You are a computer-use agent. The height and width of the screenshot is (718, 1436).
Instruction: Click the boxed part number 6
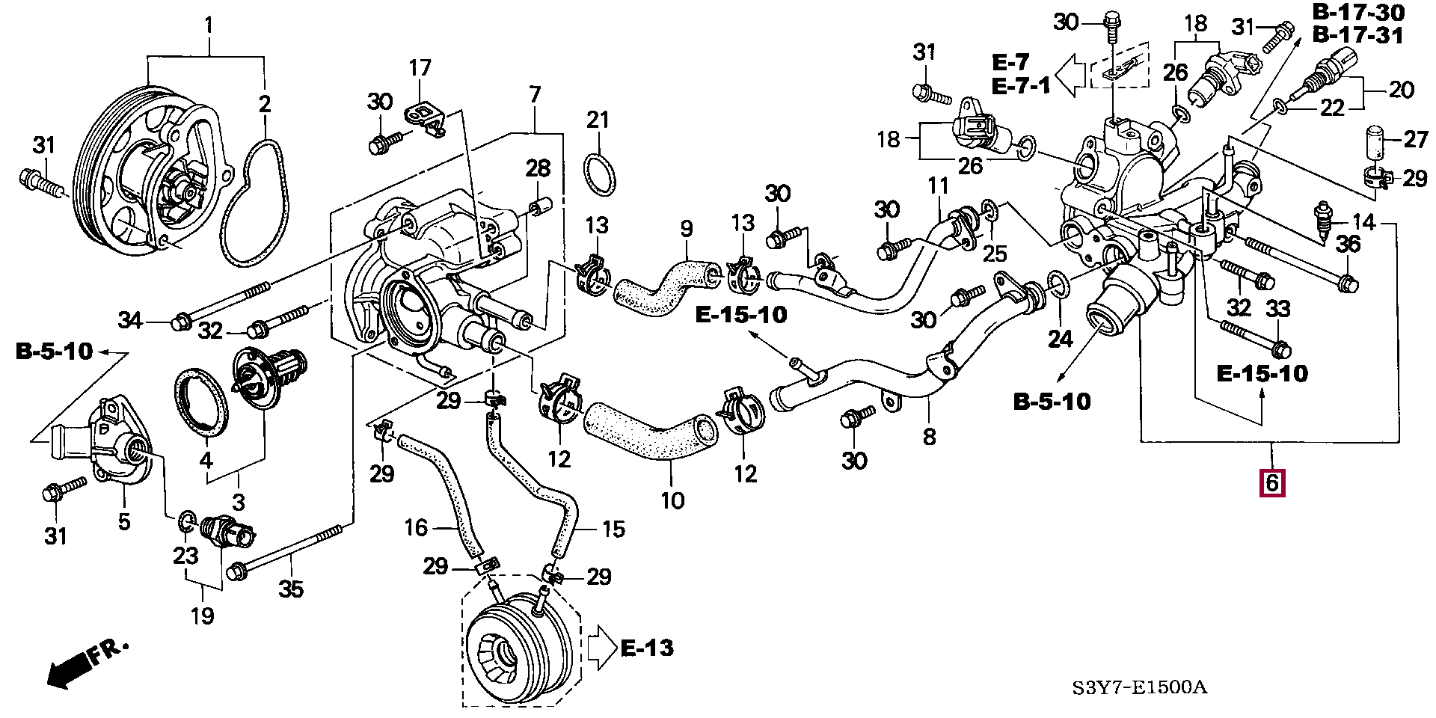(1272, 483)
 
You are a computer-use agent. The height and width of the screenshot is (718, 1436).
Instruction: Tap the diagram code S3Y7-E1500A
(1139, 687)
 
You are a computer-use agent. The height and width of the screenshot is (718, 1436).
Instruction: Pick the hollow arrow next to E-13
(601, 648)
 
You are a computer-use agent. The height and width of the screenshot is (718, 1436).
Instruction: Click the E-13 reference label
(648, 648)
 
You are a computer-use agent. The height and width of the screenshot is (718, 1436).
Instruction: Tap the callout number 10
(672, 500)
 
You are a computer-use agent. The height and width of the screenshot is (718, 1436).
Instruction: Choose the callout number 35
(291, 589)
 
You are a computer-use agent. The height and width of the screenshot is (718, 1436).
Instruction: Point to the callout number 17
(420, 68)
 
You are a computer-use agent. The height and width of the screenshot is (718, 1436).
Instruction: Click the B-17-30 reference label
(1358, 12)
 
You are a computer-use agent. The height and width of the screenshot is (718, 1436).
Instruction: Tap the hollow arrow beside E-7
(1072, 74)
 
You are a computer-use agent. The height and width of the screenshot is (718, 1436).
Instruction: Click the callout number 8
(929, 436)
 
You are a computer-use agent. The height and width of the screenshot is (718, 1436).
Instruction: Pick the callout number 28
(538, 168)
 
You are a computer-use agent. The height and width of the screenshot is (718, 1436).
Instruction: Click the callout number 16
(416, 528)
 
